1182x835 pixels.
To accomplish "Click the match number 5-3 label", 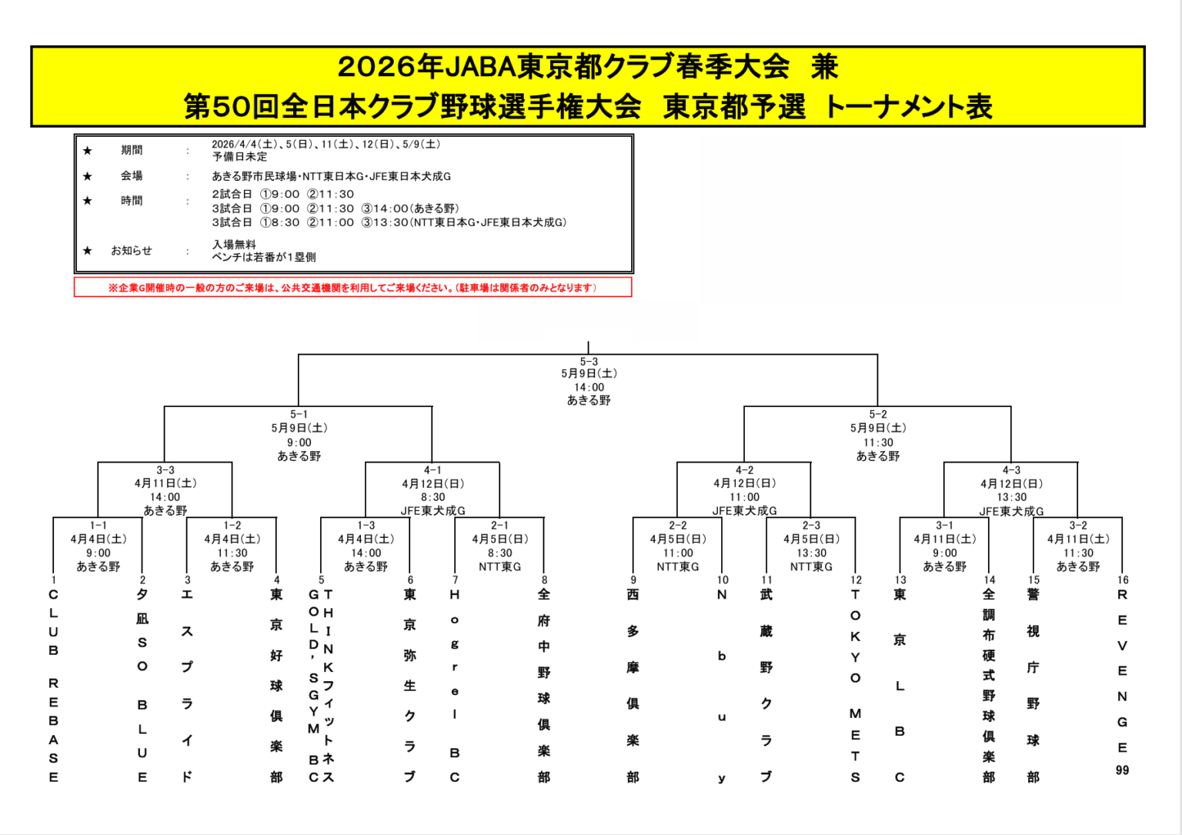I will tap(589, 362).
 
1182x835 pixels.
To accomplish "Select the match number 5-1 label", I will tap(299, 415).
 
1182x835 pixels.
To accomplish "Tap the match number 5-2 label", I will tap(878, 415).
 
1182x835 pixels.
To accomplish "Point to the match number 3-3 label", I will tap(165, 470).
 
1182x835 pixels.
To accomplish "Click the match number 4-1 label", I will tap(432, 470).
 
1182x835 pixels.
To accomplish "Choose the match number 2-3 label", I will tap(811, 526).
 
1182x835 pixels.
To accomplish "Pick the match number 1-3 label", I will tap(366, 526).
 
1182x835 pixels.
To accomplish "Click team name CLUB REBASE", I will tap(53, 685).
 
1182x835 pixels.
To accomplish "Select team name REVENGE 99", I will tap(1122, 681).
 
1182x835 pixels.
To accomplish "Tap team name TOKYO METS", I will tap(855, 685).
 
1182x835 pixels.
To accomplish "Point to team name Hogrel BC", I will tap(455, 685).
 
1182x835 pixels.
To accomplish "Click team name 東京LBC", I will tap(900, 685).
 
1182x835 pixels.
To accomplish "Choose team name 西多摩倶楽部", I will tap(633, 685).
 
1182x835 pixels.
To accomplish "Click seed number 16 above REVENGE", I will tap(1123, 580).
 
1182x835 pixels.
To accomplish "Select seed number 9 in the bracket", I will tap(633, 580).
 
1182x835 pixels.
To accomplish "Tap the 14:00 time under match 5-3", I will tap(589, 388).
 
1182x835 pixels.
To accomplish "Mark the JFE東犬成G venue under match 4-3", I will tap(1011, 511).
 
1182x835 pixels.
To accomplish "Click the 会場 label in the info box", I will tap(132, 176).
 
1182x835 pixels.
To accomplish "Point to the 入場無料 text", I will tap(234, 245).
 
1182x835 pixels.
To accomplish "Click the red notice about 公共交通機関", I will tap(352, 288).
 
